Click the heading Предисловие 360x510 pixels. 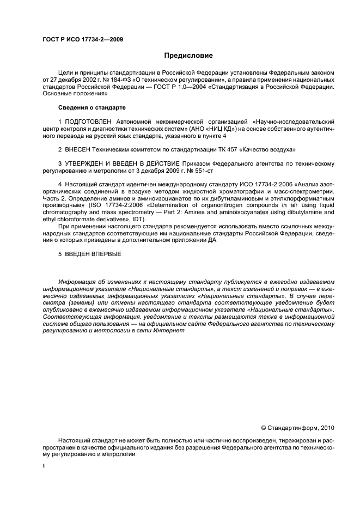tap(189, 56)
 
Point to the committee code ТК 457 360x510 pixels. tap(213, 149)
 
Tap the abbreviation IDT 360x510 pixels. tap(133, 220)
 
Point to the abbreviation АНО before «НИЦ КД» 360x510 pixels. tap(207, 129)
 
